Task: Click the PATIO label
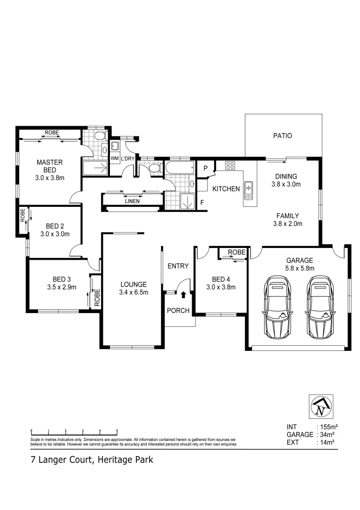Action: [x=283, y=136]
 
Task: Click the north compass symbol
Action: [x=320, y=407]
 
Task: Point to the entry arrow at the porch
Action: [x=184, y=295]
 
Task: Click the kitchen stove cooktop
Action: [x=230, y=165]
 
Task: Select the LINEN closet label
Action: [x=132, y=201]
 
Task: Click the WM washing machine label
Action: [x=114, y=159]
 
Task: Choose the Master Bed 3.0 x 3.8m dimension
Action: [x=50, y=178]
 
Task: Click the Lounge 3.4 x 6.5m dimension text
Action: [x=134, y=292]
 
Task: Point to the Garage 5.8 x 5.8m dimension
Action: [x=301, y=268]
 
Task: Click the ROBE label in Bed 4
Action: [x=236, y=253]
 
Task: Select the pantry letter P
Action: [x=205, y=168]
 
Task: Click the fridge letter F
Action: [x=202, y=202]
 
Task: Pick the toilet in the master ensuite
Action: [x=98, y=136]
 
